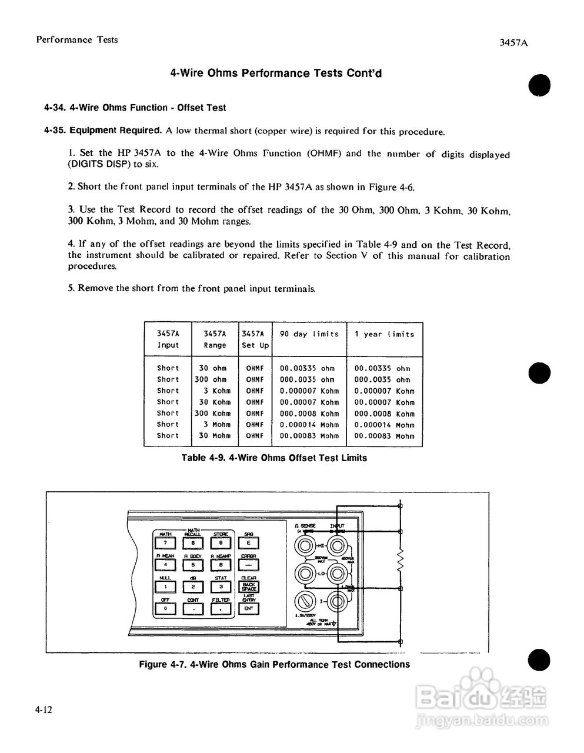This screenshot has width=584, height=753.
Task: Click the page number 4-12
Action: click(44, 710)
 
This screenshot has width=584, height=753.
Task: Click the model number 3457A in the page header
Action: click(512, 43)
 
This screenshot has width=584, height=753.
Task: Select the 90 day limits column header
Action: click(309, 334)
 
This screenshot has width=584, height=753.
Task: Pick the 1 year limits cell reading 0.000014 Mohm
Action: click(384, 425)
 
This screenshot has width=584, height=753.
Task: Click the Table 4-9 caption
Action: click(274, 458)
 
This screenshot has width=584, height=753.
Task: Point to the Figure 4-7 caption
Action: click(274, 664)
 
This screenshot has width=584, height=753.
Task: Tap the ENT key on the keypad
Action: click(249, 609)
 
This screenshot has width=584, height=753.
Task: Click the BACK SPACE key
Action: click(249, 587)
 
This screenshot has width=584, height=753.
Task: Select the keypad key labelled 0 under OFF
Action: click(166, 609)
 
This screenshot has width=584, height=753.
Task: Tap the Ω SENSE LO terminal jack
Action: click(305, 572)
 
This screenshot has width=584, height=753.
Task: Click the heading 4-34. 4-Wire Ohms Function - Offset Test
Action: click(135, 108)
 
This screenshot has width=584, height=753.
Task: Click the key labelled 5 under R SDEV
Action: click(193, 565)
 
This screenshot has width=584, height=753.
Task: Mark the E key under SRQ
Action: click(249, 542)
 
